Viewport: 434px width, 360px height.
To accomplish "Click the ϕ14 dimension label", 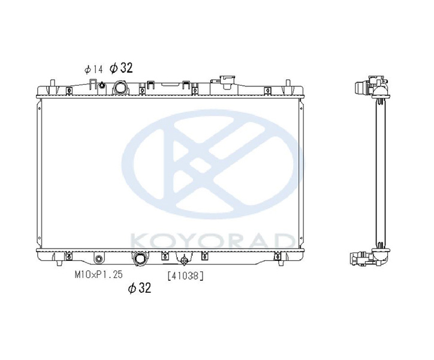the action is (94, 69).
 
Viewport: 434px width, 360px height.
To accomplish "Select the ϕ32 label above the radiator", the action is (121, 68).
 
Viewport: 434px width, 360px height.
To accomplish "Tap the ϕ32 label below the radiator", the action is (140, 288).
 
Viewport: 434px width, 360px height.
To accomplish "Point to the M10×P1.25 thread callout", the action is (98, 275).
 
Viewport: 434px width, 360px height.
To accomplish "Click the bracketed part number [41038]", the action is (186, 275).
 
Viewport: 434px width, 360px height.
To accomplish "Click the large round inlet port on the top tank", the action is (120, 88).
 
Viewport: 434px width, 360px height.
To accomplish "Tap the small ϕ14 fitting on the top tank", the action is (102, 85).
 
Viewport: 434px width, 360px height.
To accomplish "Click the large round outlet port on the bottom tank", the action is (140, 259).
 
